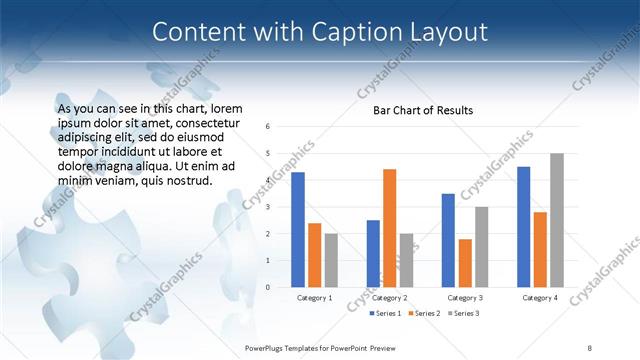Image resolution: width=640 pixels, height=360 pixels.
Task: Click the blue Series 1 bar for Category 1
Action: (298, 230)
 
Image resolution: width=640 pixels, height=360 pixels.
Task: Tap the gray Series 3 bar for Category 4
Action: (556, 220)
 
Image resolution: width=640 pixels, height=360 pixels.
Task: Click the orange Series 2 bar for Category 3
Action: (465, 263)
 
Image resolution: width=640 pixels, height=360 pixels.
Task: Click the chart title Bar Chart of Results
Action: (423, 110)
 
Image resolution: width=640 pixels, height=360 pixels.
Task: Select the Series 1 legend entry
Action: (385, 314)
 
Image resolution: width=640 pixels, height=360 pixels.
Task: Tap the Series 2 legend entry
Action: (424, 314)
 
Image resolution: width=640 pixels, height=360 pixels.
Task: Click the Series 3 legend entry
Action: (463, 314)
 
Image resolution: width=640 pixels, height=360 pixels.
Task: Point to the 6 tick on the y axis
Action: (269, 127)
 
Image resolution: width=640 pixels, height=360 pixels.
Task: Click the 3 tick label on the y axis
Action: (269, 207)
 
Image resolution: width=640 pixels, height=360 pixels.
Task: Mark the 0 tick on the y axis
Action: (269, 287)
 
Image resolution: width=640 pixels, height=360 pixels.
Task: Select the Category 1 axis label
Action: (314, 298)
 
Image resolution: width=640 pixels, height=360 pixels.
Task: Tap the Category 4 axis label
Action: (540, 298)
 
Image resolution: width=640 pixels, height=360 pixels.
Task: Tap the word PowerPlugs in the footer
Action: (269, 345)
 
